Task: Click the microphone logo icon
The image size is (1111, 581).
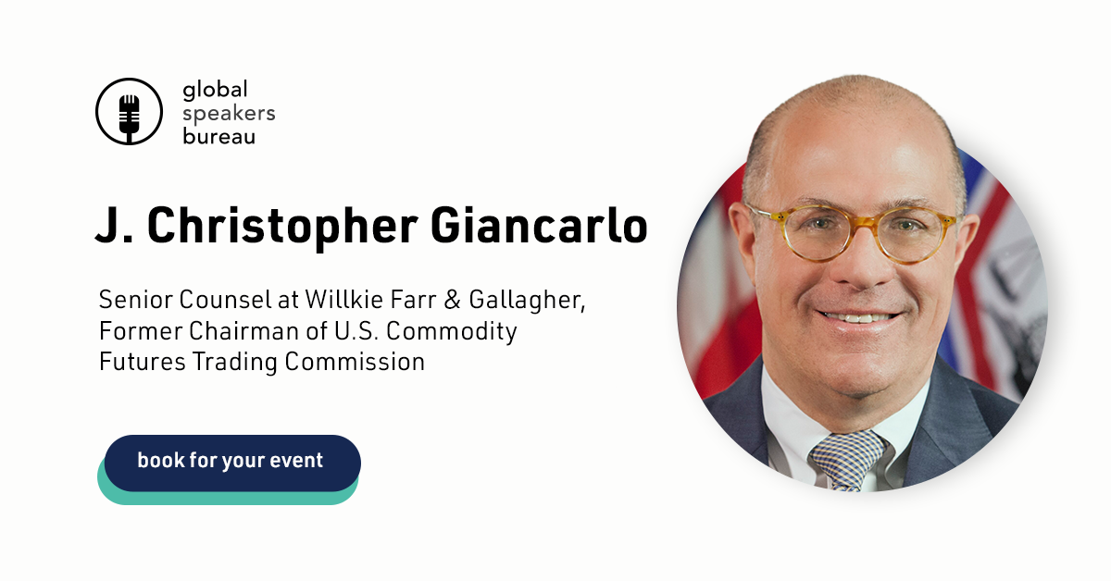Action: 129,112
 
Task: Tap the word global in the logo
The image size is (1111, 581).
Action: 215,91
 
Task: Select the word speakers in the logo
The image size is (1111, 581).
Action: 229,115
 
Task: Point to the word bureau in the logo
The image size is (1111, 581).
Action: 218,135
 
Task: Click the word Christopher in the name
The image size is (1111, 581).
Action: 282,227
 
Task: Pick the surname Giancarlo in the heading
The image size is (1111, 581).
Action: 539,225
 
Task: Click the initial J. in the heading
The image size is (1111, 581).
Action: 114,226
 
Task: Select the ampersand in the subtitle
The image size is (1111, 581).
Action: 452,300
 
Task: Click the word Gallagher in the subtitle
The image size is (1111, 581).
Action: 527,301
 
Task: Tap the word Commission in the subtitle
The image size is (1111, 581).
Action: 355,362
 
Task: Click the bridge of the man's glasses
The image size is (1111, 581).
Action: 864,222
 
